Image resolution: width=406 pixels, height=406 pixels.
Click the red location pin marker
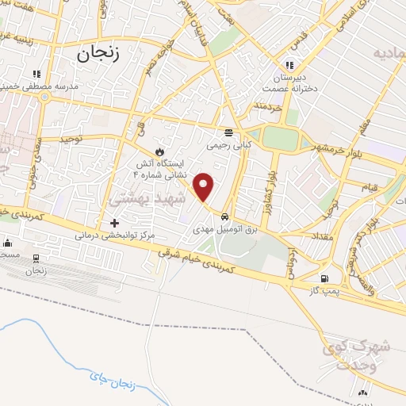coord(205,186)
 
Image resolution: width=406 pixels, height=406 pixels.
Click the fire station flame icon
coord(159,151)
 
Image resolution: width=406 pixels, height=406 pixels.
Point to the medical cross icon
coord(115,223)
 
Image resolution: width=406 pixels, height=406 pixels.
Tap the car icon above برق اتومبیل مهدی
coord(226,216)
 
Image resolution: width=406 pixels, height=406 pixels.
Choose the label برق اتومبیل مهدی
coord(225,228)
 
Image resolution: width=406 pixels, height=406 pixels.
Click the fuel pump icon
coord(324,279)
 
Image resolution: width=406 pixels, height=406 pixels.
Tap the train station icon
coord(36,259)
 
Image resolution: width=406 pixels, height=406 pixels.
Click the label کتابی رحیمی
coord(228,145)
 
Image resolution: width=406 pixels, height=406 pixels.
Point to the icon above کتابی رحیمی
coord(228,132)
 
